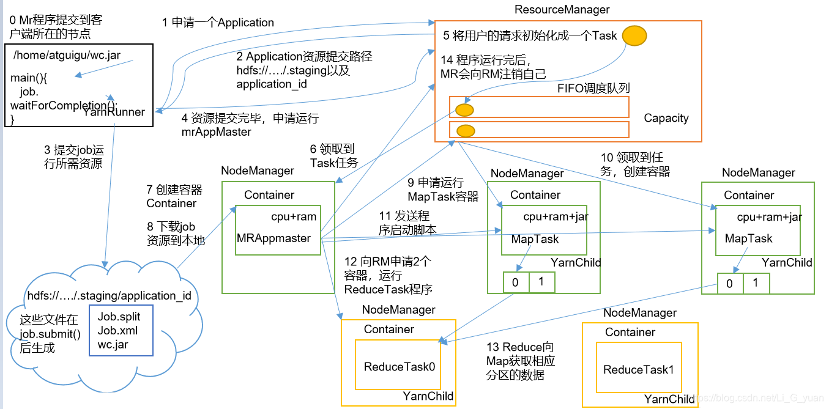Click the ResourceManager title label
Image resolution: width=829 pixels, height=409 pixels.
click(x=562, y=9)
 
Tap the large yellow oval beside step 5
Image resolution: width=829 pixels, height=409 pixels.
click(x=634, y=35)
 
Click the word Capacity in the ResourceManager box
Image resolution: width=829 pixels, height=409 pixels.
click(x=666, y=118)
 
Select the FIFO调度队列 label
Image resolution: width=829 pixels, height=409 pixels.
click(x=593, y=88)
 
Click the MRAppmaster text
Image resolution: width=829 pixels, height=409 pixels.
click(x=273, y=238)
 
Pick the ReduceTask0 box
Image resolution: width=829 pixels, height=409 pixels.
click(x=399, y=367)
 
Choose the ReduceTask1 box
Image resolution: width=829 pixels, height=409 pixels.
click(x=638, y=369)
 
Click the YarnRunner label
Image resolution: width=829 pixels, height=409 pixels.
click(x=114, y=112)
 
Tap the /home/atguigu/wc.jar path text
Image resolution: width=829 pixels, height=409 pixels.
click(x=67, y=55)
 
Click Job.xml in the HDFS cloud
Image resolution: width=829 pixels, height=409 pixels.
click(x=117, y=330)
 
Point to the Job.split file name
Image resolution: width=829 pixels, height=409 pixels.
click(x=119, y=317)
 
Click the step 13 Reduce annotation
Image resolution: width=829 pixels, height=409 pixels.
click(x=521, y=361)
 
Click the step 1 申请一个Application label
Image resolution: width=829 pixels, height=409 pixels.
click(x=218, y=23)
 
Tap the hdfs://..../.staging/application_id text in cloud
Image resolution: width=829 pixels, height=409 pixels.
click(x=109, y=295)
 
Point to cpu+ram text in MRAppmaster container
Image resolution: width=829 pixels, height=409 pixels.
click(x=294, y=216)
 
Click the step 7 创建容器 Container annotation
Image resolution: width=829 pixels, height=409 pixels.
click(x=174, y=196)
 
